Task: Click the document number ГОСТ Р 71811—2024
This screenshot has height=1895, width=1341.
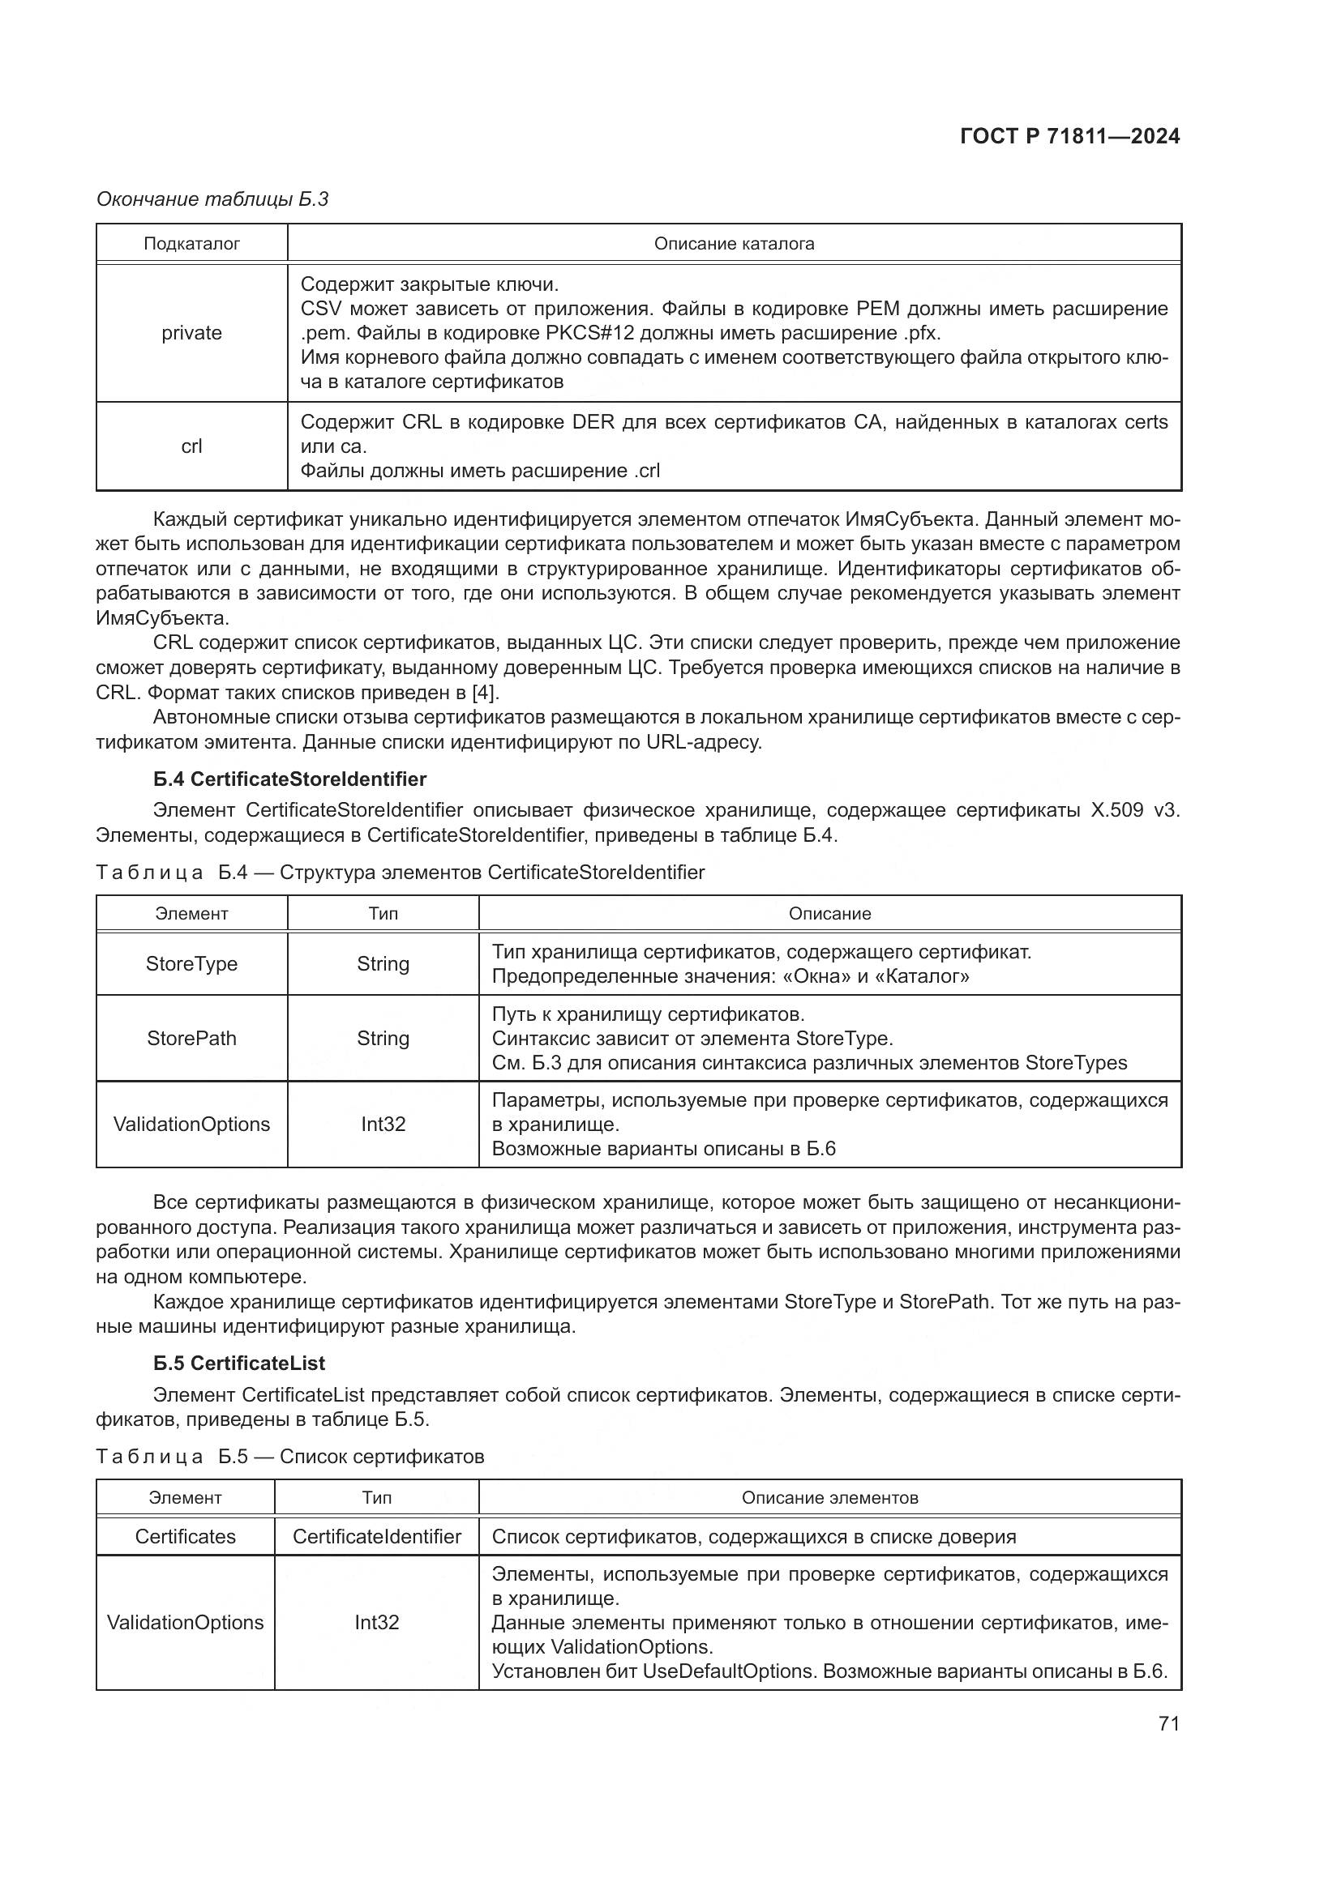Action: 1069,136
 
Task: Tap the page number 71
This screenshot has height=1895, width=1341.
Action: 1168,1722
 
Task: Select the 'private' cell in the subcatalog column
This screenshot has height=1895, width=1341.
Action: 191,333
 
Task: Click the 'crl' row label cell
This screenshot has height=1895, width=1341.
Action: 191,446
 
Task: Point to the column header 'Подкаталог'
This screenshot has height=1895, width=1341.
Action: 191,244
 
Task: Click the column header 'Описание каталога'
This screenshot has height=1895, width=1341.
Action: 733,244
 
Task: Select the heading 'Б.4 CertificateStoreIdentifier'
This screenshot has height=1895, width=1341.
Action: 289,779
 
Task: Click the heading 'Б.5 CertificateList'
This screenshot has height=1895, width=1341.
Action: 239,1363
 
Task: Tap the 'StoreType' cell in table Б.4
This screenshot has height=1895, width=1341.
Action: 191,964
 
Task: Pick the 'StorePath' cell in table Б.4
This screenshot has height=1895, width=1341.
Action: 191,1039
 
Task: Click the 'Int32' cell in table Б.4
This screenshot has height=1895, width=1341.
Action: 383,1125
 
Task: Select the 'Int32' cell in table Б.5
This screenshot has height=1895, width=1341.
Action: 376,1622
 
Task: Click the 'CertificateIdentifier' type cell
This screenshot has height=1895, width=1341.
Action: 376,1536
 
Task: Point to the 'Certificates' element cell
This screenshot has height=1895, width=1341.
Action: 185,1536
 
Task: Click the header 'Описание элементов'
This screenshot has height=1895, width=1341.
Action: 829,1497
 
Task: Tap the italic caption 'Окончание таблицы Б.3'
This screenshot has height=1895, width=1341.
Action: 212,199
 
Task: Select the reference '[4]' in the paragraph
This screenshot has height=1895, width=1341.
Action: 485,692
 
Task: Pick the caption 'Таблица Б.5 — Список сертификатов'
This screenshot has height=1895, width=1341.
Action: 289,1456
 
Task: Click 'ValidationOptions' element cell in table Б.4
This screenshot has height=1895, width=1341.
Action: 191,1125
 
